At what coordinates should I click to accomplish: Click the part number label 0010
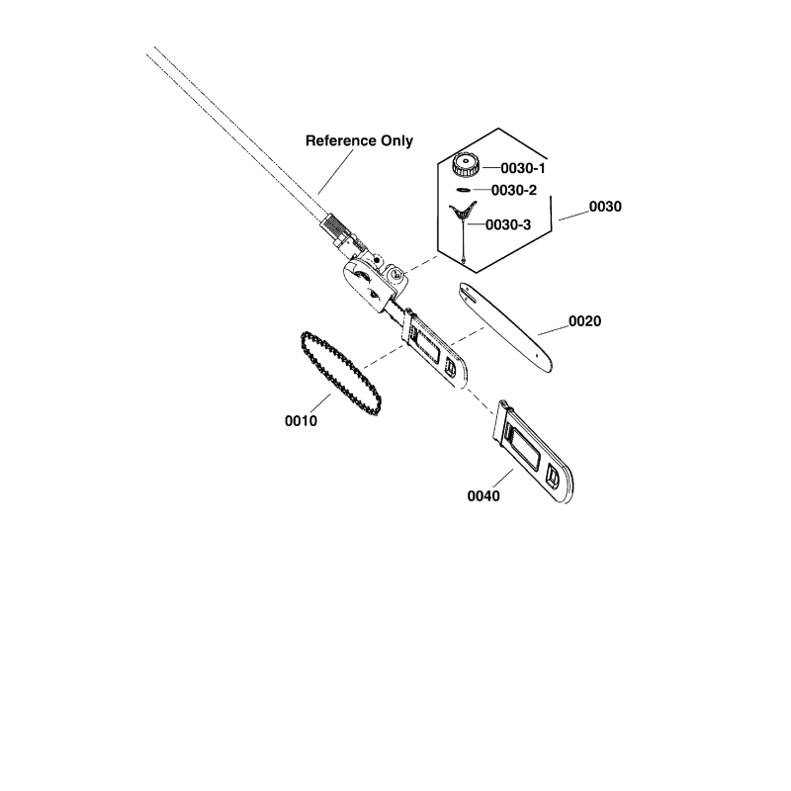pos(302,421)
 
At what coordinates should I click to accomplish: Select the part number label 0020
pos(584,321)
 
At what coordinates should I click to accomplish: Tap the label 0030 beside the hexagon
pos(605,207)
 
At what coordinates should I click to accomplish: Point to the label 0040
pos(483,496)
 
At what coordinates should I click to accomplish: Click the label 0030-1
pos(523,168)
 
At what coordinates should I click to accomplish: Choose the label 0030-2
pos(514,190)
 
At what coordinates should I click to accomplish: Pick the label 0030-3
pos(508,225)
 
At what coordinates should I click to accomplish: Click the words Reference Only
pos(359,140)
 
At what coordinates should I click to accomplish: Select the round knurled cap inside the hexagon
pos(465,165)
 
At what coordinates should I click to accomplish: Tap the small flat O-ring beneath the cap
pos(463,190)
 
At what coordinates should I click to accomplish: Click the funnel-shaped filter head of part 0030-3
pos(463,211)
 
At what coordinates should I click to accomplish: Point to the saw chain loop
pos(340,374)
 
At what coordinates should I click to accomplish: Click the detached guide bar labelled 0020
pos(505,328)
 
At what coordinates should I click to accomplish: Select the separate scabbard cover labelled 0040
pos(534,452)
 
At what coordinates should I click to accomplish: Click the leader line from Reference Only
pos(335,171)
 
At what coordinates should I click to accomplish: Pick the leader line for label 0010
pos(319,403)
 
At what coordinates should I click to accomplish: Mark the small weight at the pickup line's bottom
pos(463,261)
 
